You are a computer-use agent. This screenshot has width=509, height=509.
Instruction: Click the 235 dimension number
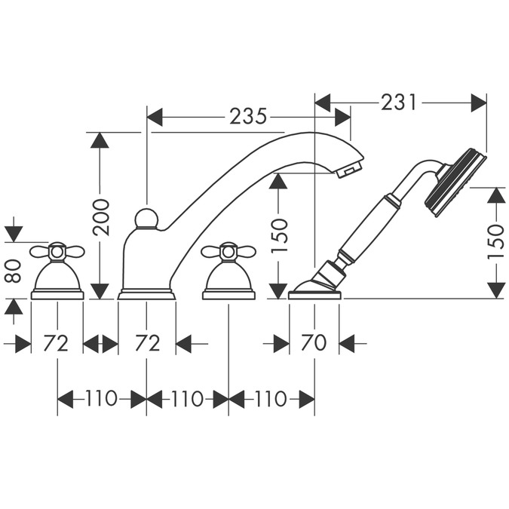tap(248, 116)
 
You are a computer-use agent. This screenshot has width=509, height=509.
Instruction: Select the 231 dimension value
tap(399, 102)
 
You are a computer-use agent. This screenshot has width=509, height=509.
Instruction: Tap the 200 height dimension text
tap(102, 216)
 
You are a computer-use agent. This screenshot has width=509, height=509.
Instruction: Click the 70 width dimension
tap(314, 343)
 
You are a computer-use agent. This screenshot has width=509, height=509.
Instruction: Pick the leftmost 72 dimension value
tap(57, 343)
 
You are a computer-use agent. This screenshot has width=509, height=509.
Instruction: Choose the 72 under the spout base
tap(147, 343)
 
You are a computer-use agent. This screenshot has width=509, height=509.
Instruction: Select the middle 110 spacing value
tap(188, 399)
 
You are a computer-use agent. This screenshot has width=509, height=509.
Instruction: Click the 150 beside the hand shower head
tap(495, 241)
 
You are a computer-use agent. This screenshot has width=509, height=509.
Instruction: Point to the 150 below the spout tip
tap(279, 235)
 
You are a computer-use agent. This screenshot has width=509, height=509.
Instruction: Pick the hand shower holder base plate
tap(315, 295)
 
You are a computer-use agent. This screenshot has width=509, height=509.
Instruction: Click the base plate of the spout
tap(146, 295)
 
